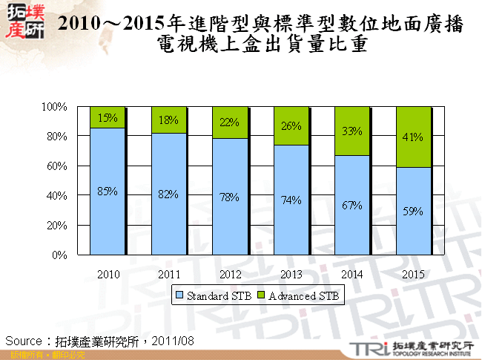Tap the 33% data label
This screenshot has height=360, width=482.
(x=352, y=131)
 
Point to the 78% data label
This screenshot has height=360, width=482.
(x=230, y=197)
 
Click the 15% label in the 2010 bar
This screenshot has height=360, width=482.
(x=108, y=117)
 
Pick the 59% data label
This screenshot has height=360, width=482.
(x=414, y=211)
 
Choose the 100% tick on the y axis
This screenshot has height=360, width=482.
(x=55, y=107)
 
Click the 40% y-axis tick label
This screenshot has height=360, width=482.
(x=57, y=196)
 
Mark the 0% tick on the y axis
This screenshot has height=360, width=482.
(x=60, y=255)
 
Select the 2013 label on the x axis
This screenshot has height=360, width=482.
(x=291, y=274)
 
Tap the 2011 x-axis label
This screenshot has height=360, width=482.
(x=168, y=274)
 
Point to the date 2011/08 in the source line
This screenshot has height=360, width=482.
(x=175, y=341)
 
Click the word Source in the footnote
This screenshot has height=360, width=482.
(x=23, y=341)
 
